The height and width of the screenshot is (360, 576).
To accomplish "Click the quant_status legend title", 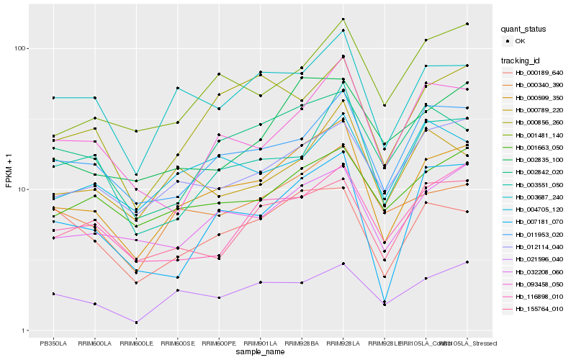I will [x=523, y=30].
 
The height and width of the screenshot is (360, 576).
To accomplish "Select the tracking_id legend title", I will [x=521, y=60].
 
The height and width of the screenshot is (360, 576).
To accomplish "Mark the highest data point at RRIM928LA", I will [x=343, y=19].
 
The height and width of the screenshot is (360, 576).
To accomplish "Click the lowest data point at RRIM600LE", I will [x=136, y=323].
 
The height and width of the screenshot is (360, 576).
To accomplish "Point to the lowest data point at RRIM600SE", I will [x=177, y=290].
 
